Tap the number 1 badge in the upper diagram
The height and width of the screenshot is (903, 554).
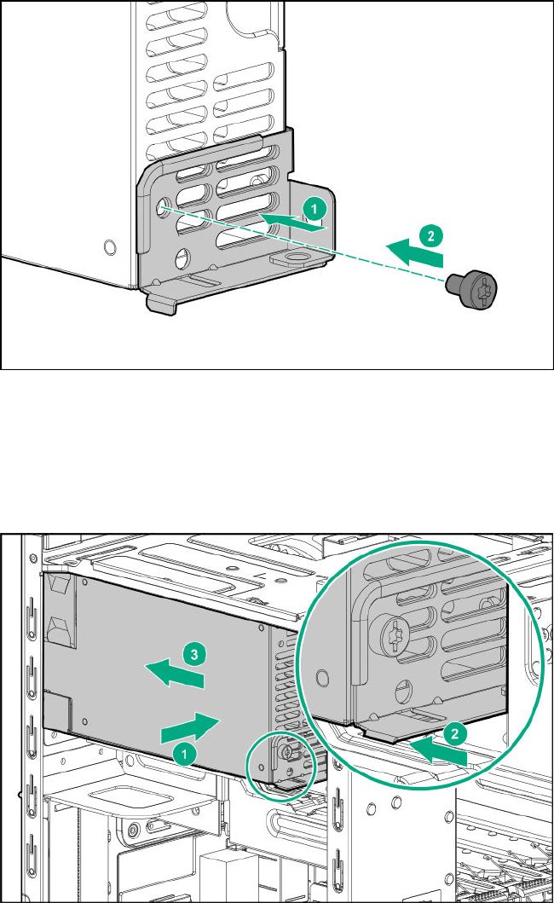(315, 208)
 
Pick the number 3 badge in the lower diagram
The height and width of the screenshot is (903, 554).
(194, 655)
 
